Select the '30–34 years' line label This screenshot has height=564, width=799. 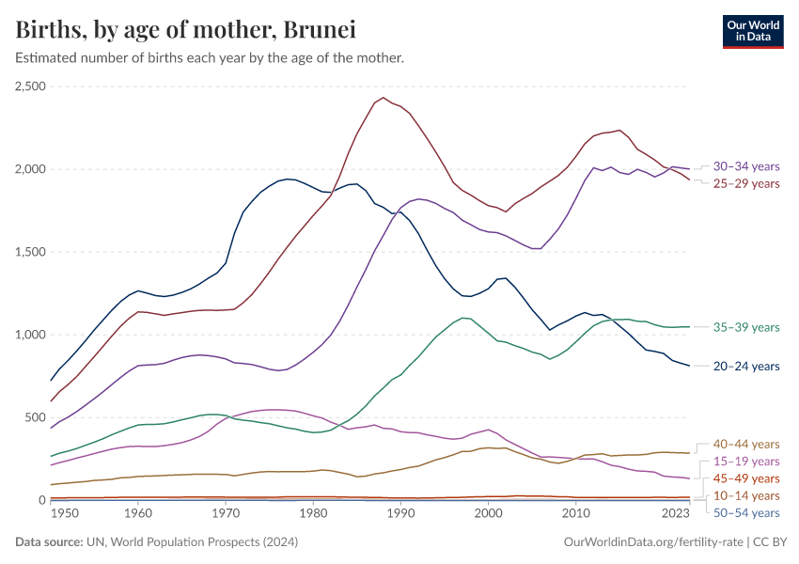[746, 165]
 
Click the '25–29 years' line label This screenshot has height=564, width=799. [746, 182]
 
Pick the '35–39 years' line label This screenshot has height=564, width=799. [746, 327]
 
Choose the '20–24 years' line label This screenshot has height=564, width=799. [746, 367]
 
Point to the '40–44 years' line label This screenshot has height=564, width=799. [746, 444]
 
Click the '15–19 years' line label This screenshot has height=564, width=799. [746, 462]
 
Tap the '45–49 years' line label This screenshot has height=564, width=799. [746, 478]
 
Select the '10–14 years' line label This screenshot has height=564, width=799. [746, 495]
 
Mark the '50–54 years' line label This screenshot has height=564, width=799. [746, 512]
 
